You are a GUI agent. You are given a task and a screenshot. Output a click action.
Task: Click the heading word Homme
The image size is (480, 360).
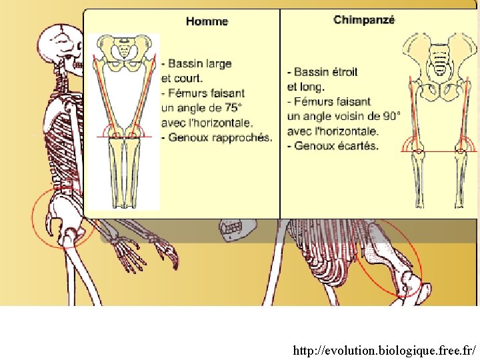[x=207, y=21]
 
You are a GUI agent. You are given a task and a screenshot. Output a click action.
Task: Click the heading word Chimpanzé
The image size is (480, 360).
[x=364, y=20]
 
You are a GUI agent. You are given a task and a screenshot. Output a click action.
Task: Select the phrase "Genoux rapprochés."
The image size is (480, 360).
[x=221, y=138]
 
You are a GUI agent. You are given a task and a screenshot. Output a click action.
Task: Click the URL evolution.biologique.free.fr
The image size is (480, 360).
[x=385, y=350]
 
